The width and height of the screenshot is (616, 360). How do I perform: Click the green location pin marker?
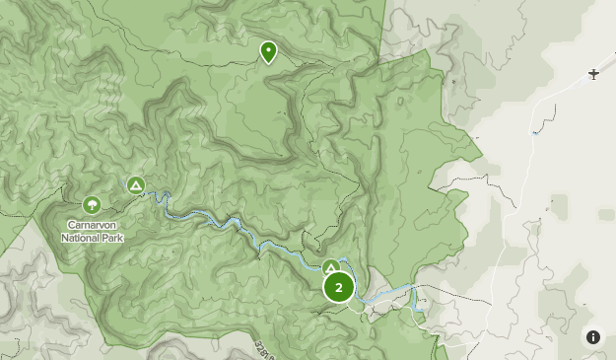coord(268,51)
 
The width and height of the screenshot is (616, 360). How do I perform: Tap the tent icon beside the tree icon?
coord(136,184)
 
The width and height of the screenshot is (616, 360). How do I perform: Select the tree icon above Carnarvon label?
coord(92,205)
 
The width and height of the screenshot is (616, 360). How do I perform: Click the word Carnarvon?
coord(93,225)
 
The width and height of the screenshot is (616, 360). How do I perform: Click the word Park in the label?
coord(112,237)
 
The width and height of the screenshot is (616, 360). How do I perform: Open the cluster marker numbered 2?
coord(339,288)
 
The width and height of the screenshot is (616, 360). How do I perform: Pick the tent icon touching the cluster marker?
coord(331,267)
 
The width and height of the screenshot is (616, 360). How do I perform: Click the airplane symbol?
coord(593,74)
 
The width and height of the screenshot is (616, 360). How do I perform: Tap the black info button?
coord(593,337)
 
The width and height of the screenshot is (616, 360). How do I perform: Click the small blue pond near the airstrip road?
coord(535,131)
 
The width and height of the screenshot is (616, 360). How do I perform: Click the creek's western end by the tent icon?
coord(148,189)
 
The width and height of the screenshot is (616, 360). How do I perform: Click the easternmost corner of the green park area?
coord(482,157)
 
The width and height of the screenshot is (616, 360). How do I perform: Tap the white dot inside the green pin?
coord(268,48)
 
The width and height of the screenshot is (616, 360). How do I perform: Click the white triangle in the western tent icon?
coord(136,184)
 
